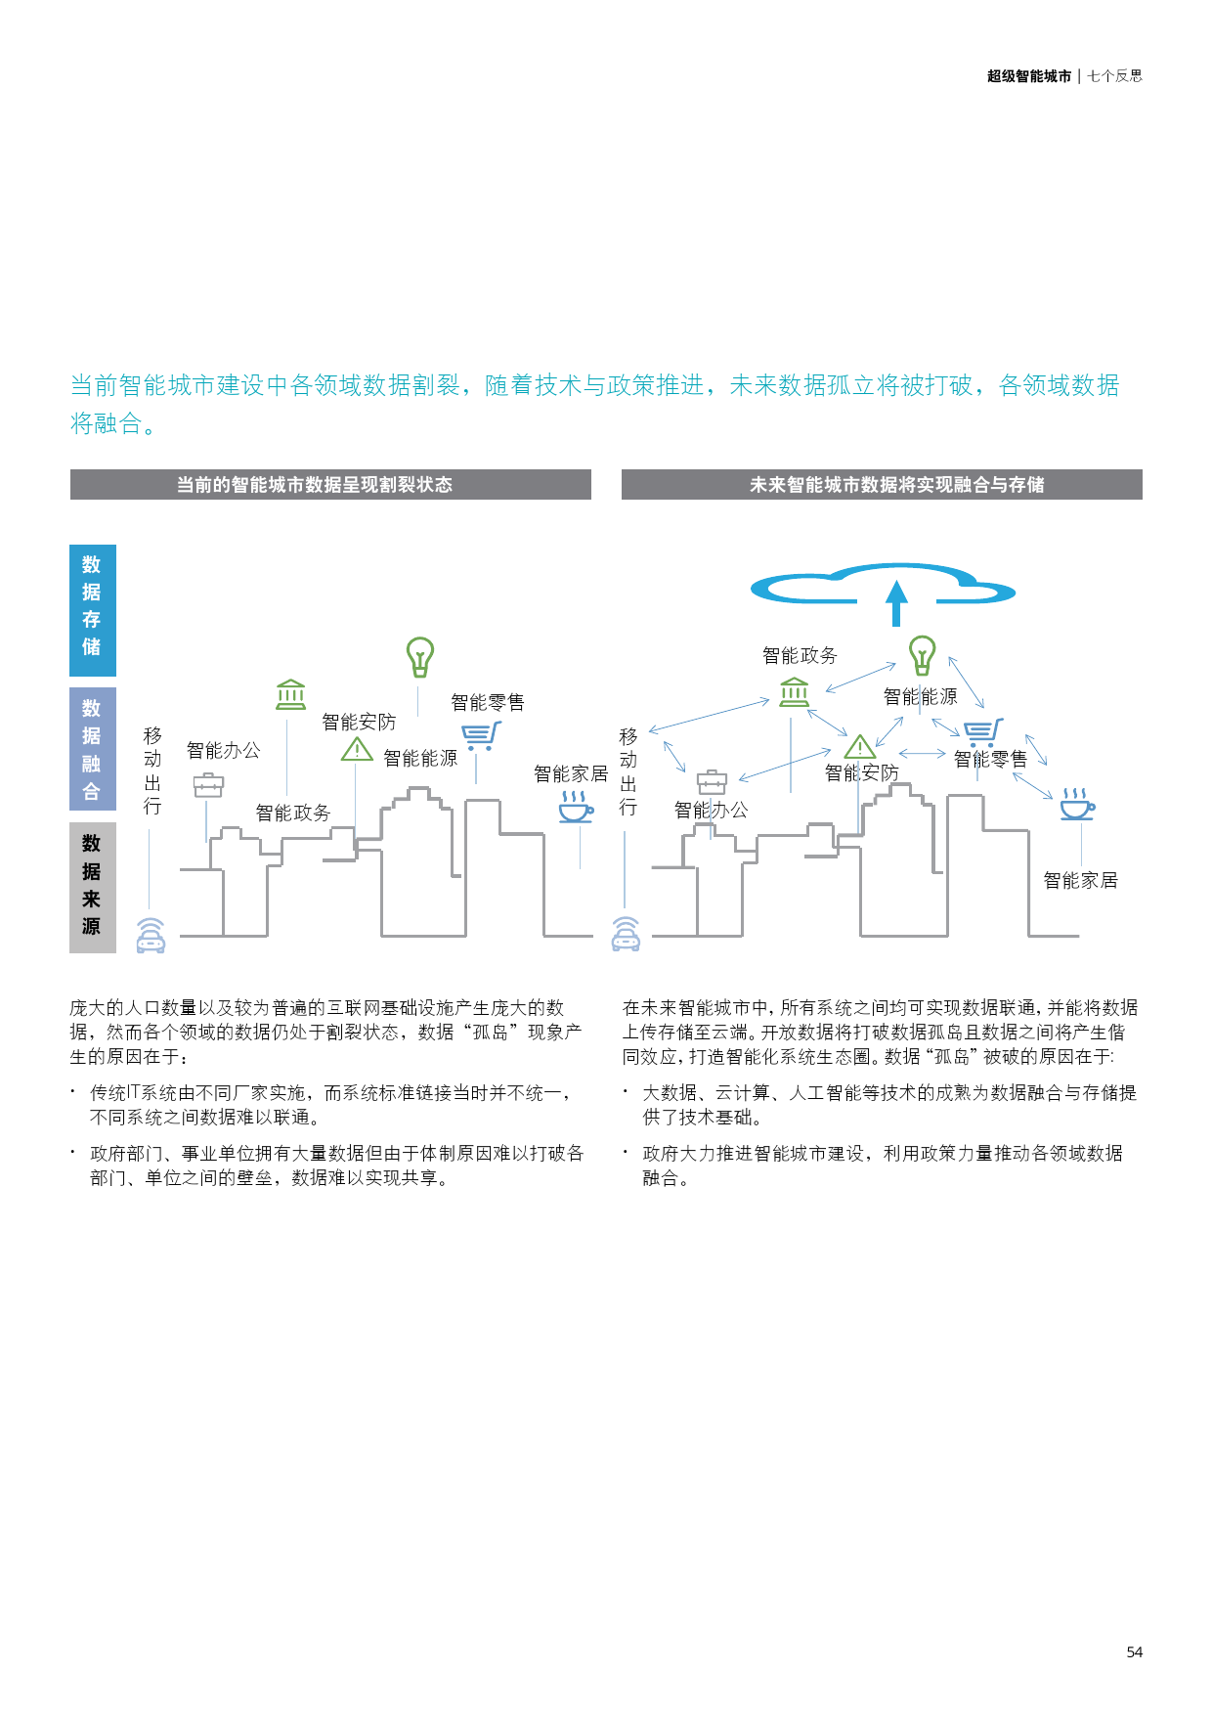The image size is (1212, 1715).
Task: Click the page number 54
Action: pyautogui.click(x=1134, y=1651)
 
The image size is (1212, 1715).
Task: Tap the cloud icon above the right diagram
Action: pyautogui.click(x=884, y=585)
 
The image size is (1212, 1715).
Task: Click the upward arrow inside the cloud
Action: pyautogui.click(x=896, y=603)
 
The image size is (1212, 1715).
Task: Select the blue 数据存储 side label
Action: pyautogui.click(x=93, y=610)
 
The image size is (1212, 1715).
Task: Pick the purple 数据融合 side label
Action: pyautogui.click(x=93, y=749)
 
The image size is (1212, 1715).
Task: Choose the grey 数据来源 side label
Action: pyautogui.click(x=93, y=887)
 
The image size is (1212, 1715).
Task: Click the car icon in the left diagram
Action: pyautogui.click(x=151, y=935)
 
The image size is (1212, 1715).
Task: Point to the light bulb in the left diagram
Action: pyautogui.click(x=420, y=657)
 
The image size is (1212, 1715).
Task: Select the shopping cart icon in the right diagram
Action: pyautogui.click(x=982, y=733)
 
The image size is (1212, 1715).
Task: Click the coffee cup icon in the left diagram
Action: pyautogui.click(x=576, y=807)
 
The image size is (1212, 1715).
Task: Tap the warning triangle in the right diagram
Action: pyautogui.click(x=860, y=747)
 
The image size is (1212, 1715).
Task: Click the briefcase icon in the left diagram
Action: pyautogui.click(x=208, y=784)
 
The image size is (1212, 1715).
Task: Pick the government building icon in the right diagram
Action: pyautogui.click(x=795, y=692)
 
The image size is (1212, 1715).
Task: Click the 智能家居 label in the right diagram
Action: pyautogui.click(x=1080, y=880)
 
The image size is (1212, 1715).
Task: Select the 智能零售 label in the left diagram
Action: pyautogui.click(x=488, y=702)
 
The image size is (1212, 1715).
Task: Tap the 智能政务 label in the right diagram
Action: pyautogui.click(x=800, y=655)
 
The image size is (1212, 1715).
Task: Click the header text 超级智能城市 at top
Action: pyautogui.click(x=1029, y=76)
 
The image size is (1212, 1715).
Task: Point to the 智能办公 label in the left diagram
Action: pyautogui.click(x=224, y=750)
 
